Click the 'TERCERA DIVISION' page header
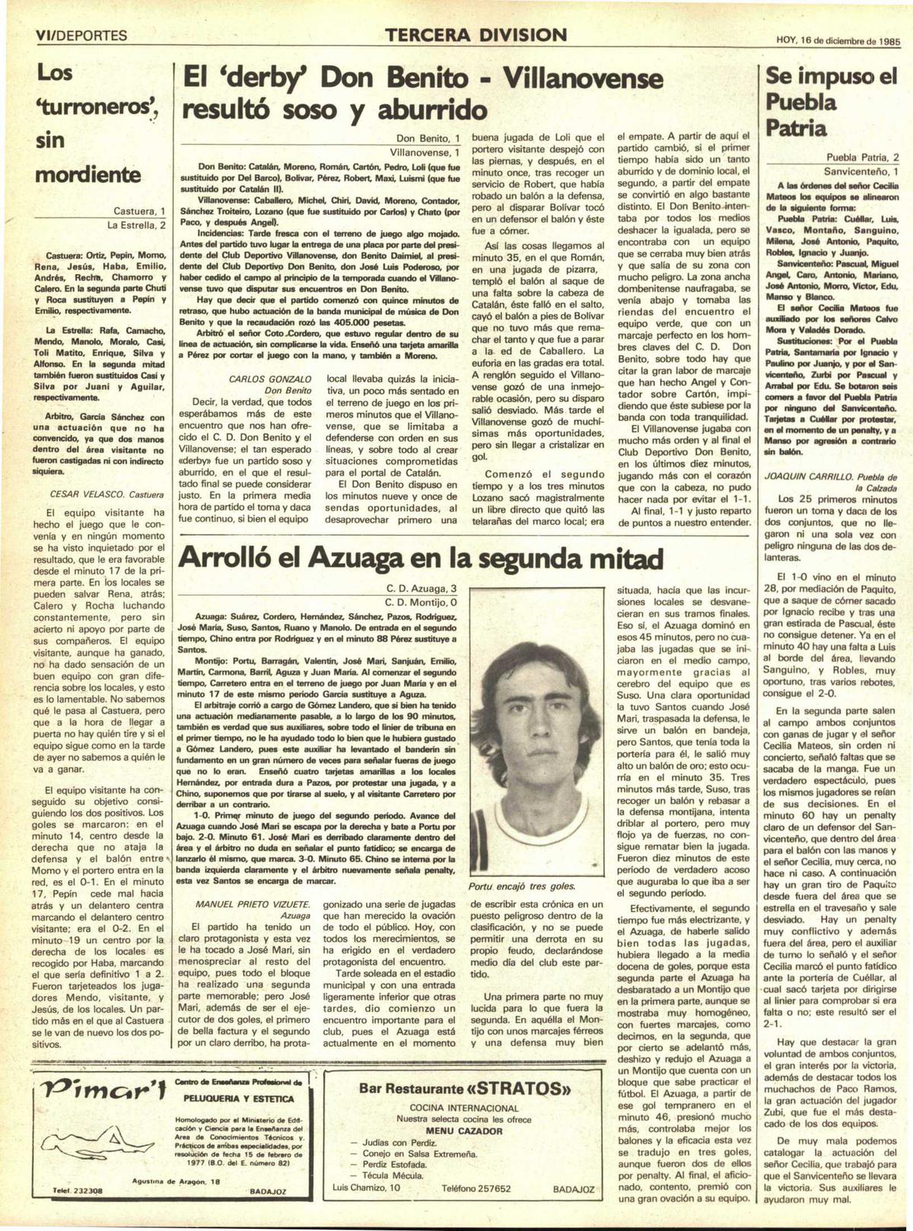coord(476,35)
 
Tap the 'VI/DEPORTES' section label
coord(81,36)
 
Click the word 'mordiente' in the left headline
coord(88,174)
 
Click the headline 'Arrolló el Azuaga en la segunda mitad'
coord(420,558)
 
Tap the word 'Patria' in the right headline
coord(796,128)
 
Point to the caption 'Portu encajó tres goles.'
coord(521,886)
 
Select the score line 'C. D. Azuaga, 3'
coord(421,589)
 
